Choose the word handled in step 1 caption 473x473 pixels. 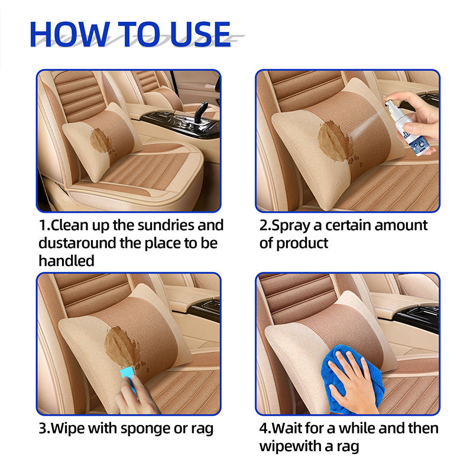pos(66,261)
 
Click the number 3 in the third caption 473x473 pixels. pos(43,428)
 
